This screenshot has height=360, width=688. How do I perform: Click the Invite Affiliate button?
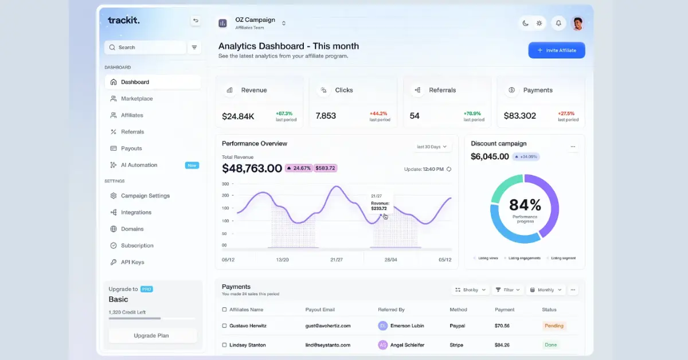pyautogui.click(x=556, y=50)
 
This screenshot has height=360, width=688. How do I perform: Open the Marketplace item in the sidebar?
pyautogui.click(x=136, y=99)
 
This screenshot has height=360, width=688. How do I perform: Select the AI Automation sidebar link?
pyautogui.click(x=139, y=165)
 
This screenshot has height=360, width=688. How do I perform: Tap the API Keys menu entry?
pyautogui.click(x=132, y=262)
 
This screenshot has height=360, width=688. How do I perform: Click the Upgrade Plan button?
pyautogui.click(x=152, y=335)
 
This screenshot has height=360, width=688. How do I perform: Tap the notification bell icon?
pyautogui.click(x=558, y=24)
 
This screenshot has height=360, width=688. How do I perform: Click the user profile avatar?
pyautogui.click(x=577, y=24)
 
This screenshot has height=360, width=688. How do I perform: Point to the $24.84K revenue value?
pyautogui.click(x=238, y=116)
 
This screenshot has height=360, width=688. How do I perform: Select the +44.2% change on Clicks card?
pyautogui.click(x=378, y=114)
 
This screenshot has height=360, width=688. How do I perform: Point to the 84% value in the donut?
pyautogui.click(x=525, y=205)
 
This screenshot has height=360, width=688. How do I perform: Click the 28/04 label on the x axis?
pyautogui.click(x=390, y=260)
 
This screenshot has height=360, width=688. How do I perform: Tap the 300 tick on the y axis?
pyautogui.click(x=225, y=184)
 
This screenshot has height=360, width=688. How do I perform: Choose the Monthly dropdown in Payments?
pyautogui.click(x=545, y=290)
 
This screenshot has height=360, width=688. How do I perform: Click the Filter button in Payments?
pyautogui.click(x=507, y=290)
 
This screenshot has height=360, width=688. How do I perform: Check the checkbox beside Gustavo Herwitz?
pyautogui.click(x=224, y=326)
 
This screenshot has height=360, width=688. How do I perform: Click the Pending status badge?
pyautogui.click(x=554, y=326)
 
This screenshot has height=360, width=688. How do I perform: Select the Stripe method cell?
pyautogui.click(x=457, y=345)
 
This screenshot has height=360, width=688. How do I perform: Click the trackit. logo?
pyautogui.click(x=124, y=21)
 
